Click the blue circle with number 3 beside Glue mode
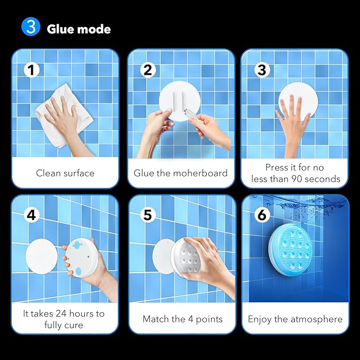[x=31, y=27]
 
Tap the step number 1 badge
[x=32, y=70]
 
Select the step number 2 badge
[x=147, y=70]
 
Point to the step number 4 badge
[x=32, y=215]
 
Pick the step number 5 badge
[x=147, y=215]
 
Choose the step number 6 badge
[x=262, y=215]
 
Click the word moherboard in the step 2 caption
[x=200, y=173]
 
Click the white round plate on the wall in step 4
[x=41, y=256]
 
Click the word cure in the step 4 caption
[x=73, y=326]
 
